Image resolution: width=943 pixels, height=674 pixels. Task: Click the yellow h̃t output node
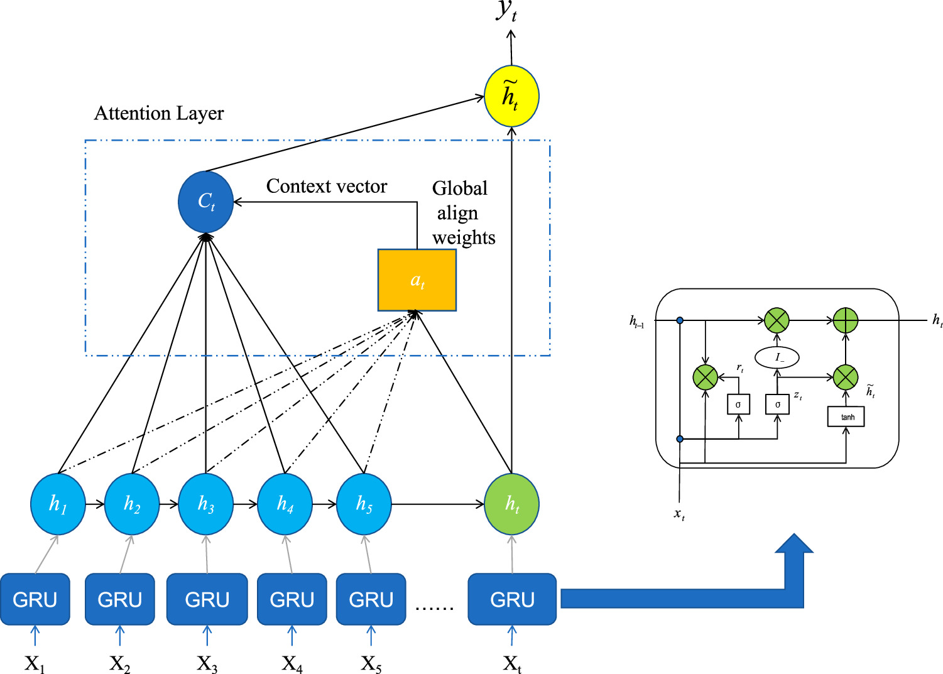pos(511,96)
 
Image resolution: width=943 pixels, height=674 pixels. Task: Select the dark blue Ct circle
pos(206,202)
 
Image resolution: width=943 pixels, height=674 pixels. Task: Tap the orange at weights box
pos(417,280)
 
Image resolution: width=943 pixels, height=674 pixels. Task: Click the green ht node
pos(511,504)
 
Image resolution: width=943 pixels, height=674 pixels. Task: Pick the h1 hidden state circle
pos(58,504)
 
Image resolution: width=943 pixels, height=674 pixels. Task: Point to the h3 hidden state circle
pos(206,504)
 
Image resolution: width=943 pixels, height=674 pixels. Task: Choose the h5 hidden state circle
pos(364,504)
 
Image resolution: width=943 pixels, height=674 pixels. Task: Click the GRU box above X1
pos(35,599)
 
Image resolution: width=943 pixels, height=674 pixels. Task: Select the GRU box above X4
pos(292,599)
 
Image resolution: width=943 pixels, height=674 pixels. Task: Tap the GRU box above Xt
pos(512,599)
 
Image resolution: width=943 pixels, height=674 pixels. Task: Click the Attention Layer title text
pos(159,113)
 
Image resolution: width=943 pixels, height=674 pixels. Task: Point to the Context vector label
pos(327,187)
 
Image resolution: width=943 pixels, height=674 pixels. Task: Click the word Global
pos(460,188)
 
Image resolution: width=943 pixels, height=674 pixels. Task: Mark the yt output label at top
pos(507,11)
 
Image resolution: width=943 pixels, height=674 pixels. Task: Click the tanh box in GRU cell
pos(846,417)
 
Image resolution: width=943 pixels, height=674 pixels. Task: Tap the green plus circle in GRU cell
pos(846,320)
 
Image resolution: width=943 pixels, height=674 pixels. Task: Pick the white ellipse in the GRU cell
pos(777,357)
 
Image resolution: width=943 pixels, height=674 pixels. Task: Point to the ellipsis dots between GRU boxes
pos(435,607)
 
